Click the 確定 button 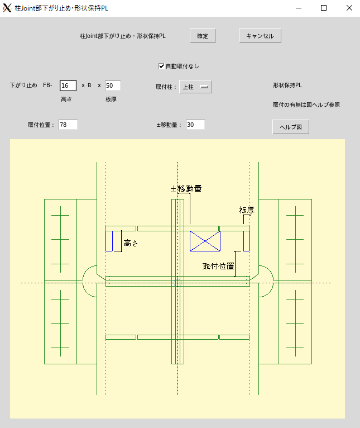(203, 36)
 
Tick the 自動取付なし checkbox (161, 66)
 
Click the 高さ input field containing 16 (68, 85)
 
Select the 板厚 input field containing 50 (112, 85)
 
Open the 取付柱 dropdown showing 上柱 (195, 87)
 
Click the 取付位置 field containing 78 (68, 125)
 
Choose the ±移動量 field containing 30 (195, 125)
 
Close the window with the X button (349, 8)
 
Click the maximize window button (324, 8)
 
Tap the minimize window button (299, 8)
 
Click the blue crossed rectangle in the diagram (205, 241)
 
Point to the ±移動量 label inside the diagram (186, 189)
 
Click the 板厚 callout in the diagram (247, 210)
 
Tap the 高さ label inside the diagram (131, 243)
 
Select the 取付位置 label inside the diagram (218, 266)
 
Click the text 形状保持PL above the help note (287, 85)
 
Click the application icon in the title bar (7, 8)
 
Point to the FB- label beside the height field (47, 85)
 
